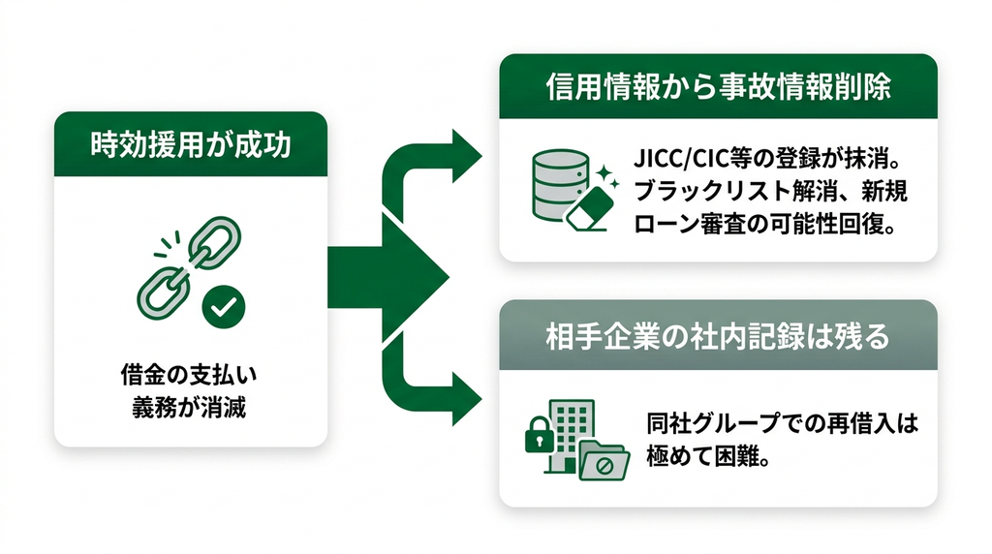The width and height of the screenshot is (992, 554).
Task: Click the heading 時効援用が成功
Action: click(x=191, y=144)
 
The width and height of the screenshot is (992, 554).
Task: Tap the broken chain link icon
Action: click(x=188, y=266)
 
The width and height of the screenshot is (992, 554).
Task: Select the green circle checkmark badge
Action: click(x=224, y=307)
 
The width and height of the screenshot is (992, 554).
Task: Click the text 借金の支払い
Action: click(x=189, y=375)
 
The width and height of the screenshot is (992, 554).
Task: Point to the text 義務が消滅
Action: click(x=189, y=407)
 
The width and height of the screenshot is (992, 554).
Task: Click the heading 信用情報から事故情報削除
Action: click(x=718, y=86)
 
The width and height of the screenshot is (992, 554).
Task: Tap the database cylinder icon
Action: click(x=561, y=185)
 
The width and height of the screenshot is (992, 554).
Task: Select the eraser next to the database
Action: click(x=590, y=208)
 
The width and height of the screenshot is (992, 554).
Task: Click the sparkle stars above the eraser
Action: click(x=606, y=176)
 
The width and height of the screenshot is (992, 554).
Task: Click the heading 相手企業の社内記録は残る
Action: click(x=718, y=336)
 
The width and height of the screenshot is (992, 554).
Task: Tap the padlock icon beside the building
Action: click(x=539, y=434)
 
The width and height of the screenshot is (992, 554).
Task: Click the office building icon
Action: click(x=567, y=437)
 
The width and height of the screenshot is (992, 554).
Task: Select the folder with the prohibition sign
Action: click(x=604, y=460)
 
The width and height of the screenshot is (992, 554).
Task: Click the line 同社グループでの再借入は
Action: click(x=782, y=423)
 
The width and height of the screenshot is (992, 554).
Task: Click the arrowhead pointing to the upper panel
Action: click(x=467, y=156)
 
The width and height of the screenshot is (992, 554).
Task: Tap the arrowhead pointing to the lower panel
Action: click(x=467, y=398)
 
